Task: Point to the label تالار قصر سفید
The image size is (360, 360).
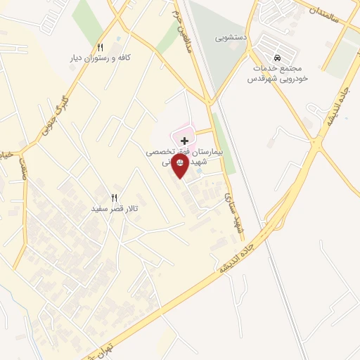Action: coord(115,209)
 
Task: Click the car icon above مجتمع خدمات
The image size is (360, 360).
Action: coord(276,56)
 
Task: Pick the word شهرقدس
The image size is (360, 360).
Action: coord(260,79)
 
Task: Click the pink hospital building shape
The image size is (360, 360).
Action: coord(182,131)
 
